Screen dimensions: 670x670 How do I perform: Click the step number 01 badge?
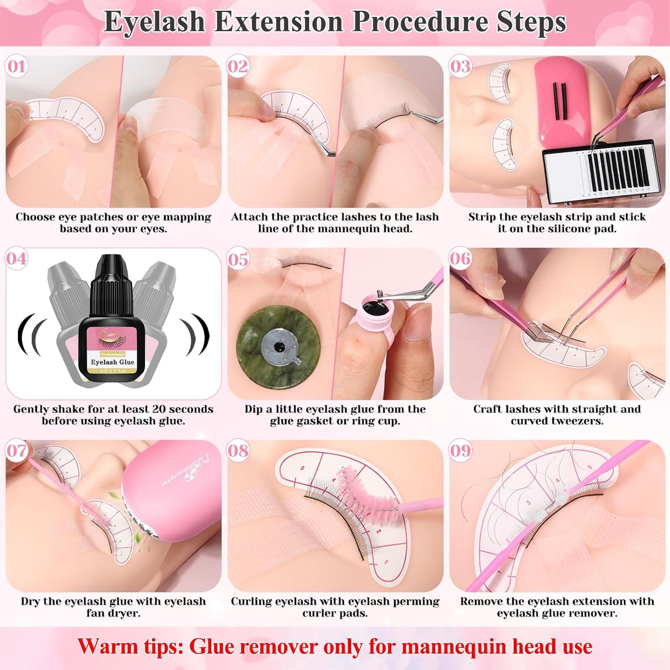17,67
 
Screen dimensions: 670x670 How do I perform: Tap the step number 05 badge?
238,259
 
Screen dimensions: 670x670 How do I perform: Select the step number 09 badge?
460,451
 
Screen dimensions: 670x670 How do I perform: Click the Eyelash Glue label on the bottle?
112,362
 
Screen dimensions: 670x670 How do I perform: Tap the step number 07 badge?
17,451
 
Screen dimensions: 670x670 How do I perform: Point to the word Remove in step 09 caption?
482,602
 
